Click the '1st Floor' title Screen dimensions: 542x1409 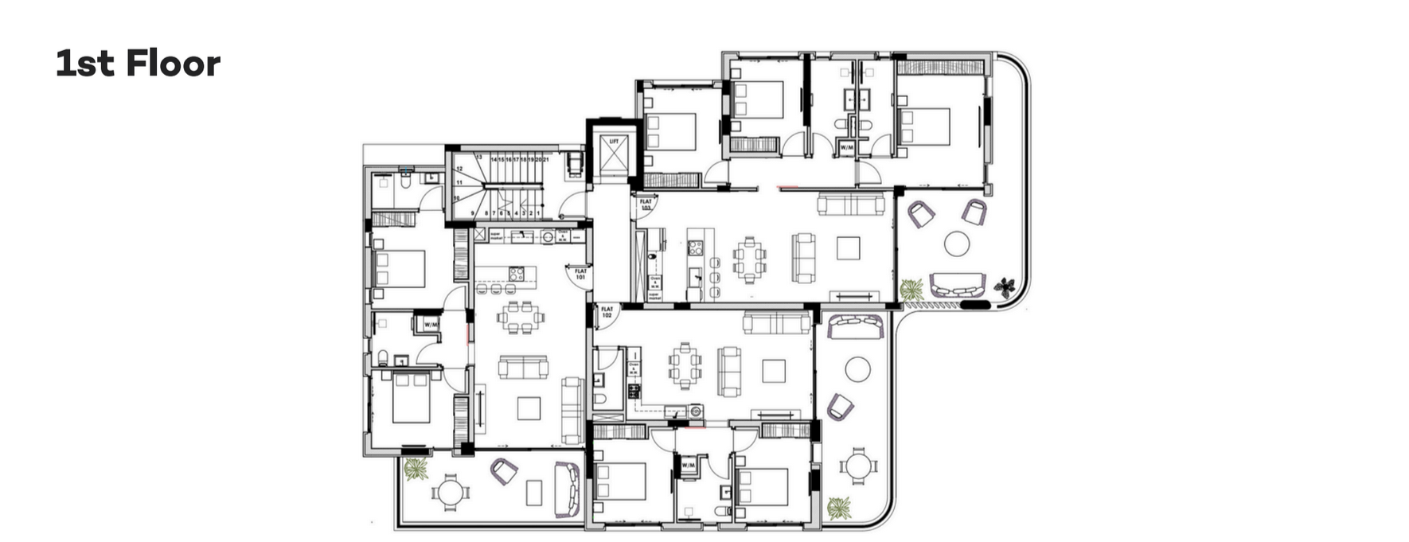point(138,64)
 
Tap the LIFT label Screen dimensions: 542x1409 point(614,141)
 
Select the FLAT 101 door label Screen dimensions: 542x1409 point(581,274)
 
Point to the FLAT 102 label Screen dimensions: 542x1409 point(607,312)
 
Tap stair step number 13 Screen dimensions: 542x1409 point(480,158)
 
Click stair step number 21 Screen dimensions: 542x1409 point(547,160)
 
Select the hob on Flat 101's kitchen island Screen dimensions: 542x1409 point(516,274)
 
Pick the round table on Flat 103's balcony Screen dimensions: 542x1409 point(956,244)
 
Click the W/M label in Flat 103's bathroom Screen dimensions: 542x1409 point(846,148)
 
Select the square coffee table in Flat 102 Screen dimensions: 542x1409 point(774,371)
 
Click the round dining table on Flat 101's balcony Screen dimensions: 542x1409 point(451,493)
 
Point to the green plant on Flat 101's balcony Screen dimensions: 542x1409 point(415,468)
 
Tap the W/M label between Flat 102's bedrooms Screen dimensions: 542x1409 point(687,465)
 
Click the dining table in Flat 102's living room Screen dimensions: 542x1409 point(685,365)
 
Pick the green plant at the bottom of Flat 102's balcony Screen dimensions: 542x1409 point(837,507)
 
